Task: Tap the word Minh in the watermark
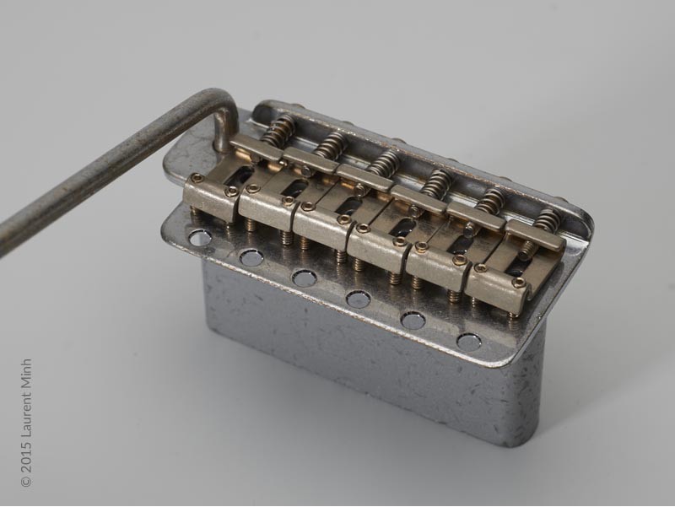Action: point(26,374)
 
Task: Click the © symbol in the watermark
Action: point(26,481)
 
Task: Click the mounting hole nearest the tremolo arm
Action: point(201,238)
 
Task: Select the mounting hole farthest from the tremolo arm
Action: point(470,342)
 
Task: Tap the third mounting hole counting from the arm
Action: point(303,277)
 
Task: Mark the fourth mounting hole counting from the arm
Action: point(357,298)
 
